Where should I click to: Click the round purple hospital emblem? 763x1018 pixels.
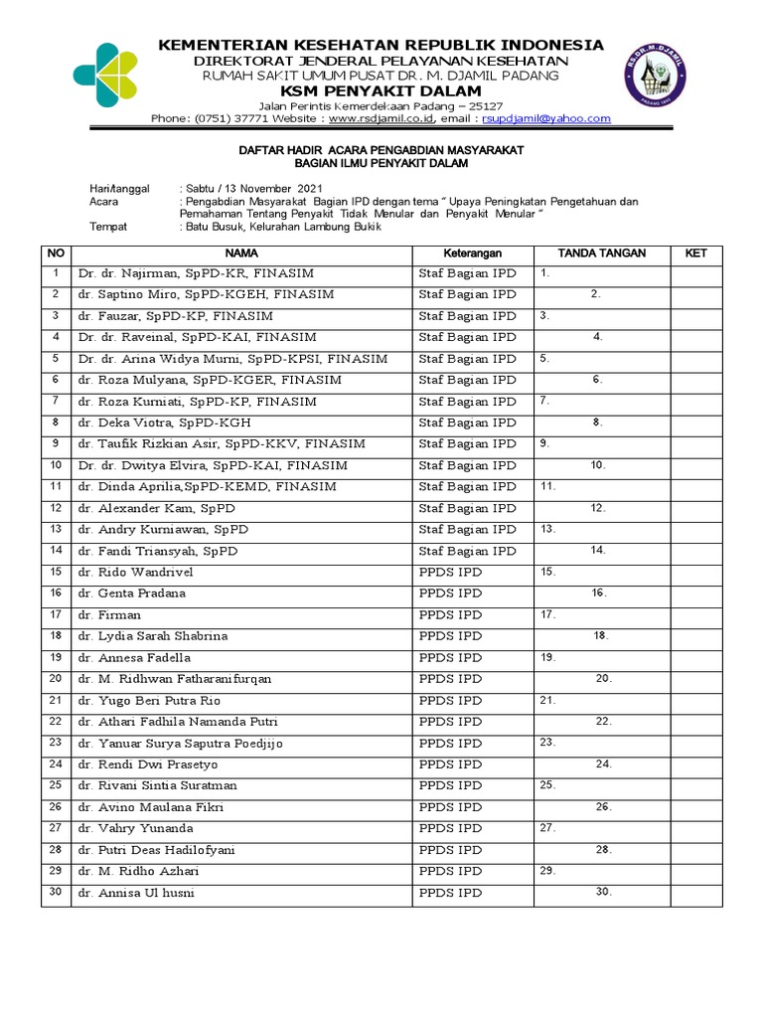[656, 76]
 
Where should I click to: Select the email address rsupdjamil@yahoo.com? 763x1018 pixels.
[546, 118]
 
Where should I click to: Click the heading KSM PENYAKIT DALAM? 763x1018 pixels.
[381, 90]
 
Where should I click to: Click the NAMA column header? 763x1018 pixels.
[240, 254]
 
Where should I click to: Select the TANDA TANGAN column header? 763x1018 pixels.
[602, 254]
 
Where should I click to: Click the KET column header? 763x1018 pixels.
[695, 254]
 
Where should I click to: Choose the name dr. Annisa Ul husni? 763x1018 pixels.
[137, 893]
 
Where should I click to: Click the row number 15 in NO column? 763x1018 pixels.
[57, 572]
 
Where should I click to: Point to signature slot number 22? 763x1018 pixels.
[603, 722]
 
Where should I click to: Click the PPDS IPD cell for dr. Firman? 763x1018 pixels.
[450, 614]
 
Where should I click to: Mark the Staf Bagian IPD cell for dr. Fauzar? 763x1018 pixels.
[467, 316]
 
